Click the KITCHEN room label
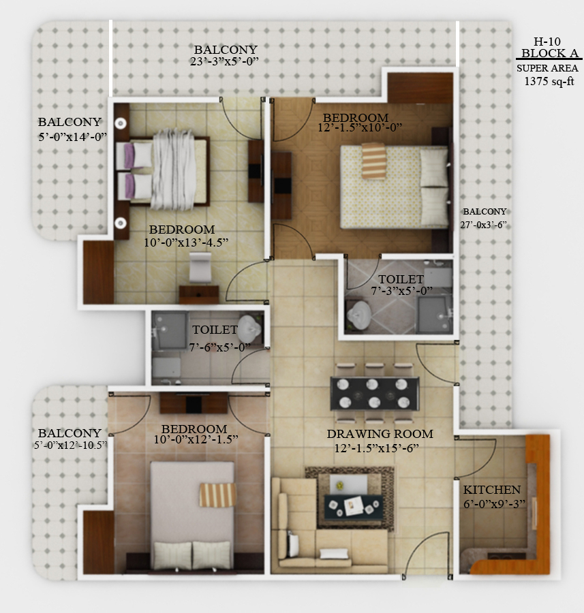[x=492, y=490]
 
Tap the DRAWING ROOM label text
[x=380, y=434]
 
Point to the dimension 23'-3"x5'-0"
[x=224, y=61]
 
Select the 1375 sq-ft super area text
[x=549, y=81]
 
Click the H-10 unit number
[x=547, y=42]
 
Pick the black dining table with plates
[x=375, y=393]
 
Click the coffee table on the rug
[x=355, y=505]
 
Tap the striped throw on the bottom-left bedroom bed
[x=218, y=495]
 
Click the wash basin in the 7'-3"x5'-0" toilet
[x=359, y=314]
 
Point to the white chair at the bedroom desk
[x=200, y=267]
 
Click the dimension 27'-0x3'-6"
[x=483, y=225]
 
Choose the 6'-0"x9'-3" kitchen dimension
[x=494, y=504]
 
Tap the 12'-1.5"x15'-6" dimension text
[x=376, y=448]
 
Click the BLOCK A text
[x=549, y=53]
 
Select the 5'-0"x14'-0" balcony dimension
[x=73, y=137]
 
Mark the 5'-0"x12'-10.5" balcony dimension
[x=70, y=445]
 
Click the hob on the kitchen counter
[x=501, y=556]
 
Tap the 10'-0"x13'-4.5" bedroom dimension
[x=186, y=242]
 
